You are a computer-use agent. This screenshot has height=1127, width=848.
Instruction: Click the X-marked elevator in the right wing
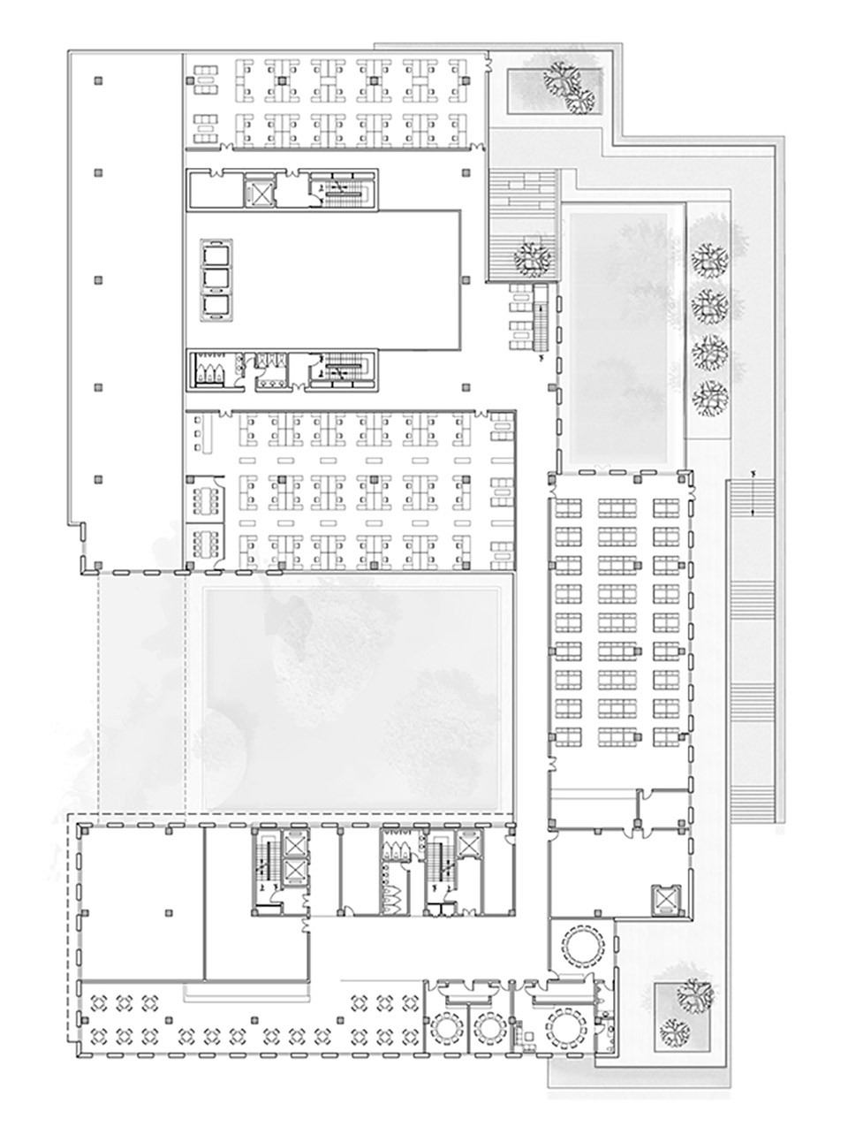click(x=663, y=900)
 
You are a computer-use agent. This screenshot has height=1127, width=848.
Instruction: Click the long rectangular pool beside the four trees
click(x=622, y=336)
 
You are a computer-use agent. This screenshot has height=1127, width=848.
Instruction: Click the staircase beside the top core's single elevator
click(x=343, y=191)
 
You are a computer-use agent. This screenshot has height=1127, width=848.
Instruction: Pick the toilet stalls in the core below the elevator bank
click(x=210, y=369)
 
